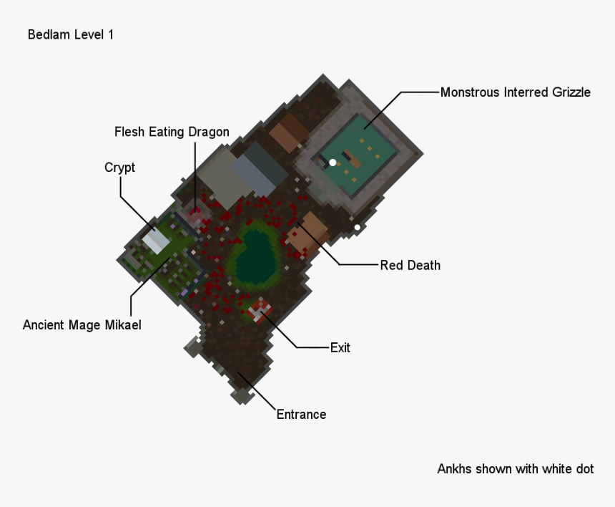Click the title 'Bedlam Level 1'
(70, 34)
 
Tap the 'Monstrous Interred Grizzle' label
(515, 92)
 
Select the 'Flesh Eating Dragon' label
(172, 132)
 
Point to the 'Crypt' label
(119, 168)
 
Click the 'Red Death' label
(410, 265)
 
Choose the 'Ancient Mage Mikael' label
(82, 325)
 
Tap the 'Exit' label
(340, 348)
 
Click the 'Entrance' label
(301, 414)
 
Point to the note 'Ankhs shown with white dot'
(515, 469)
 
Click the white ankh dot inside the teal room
(333, 163)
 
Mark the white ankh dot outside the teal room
(358, 228)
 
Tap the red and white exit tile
(259, 311)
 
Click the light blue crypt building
(155, 240)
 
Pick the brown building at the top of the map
(288, 132)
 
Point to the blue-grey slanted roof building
(260, 169)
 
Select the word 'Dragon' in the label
(209, 132)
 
